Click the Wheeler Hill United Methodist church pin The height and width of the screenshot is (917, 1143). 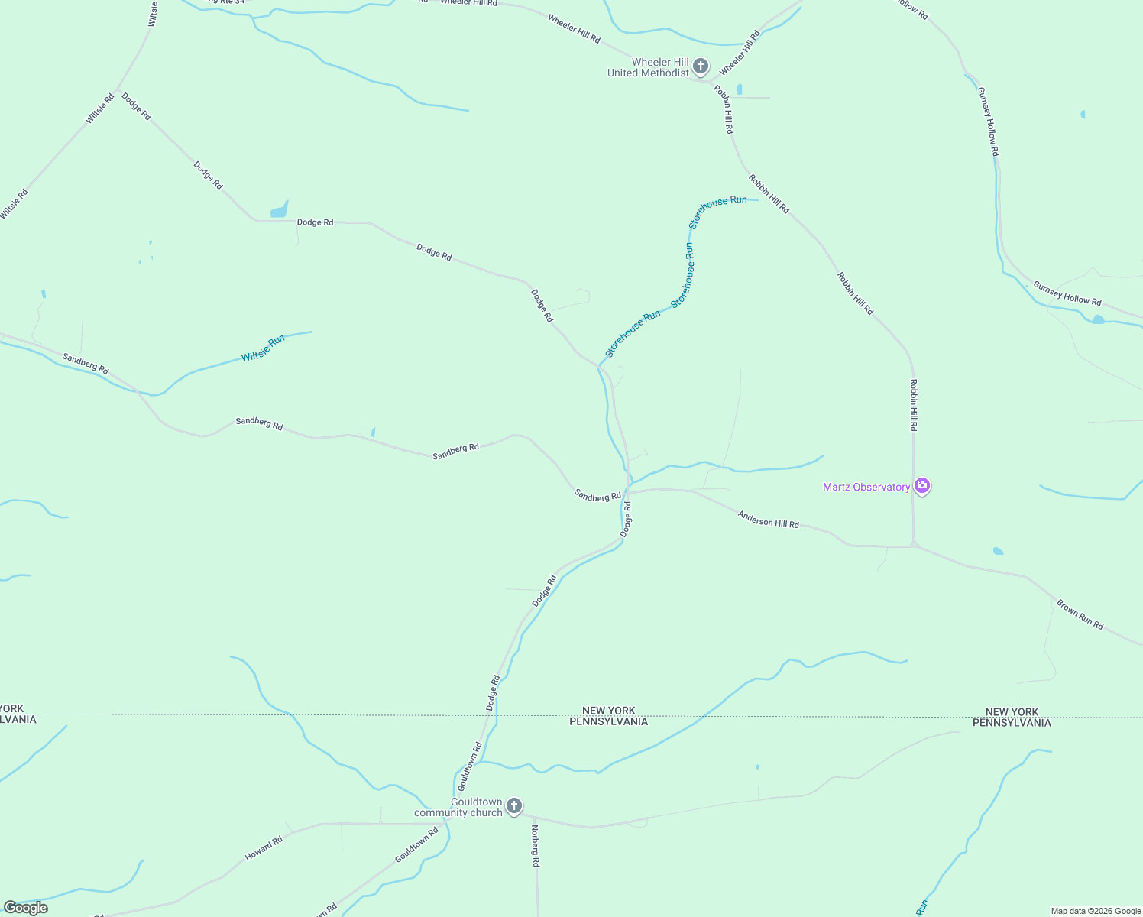pyautogui.click(x=701, y=66)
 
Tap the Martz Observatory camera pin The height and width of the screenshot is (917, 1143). pyautogui.click(x=922, y=486)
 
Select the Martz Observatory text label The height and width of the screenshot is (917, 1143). pyautogui.click(x=866, y=487)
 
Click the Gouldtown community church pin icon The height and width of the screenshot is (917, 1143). pyautogui.click(x=514, y=806)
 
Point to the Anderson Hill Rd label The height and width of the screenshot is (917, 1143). pyautogui.click(x=768, y=520)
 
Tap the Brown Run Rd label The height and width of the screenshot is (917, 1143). pyautogui.click(x=1080, y=614)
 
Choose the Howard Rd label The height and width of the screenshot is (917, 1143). pyautogui.click(x=264, y=848)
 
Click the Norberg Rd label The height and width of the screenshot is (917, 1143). pyautogui.click(x=535, y=846)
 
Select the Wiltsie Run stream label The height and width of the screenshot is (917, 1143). pyautogui.click(x=263, y=348)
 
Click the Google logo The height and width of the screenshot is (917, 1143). pyautogui.click(x=25, y=908)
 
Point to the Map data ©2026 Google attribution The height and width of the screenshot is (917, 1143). pyautogui.click(x=1096, y=911)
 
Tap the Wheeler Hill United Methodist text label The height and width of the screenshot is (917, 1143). pyautogui.click(x=649, y=67)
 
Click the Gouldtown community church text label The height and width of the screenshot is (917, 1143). pyautogui.click(x=458, y=807)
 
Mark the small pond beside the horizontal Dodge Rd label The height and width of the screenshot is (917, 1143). pyautogui.click(x=280, y=209)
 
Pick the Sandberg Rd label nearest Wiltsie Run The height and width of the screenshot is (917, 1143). pyautogui.click(x=86, y=363)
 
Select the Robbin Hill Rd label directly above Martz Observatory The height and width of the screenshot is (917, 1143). pyautogui.click(x=913, y=405)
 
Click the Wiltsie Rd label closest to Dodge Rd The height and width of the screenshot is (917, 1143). pyautogui.click(x=99, y=109)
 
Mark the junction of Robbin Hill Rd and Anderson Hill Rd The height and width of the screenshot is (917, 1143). pyautogui.click(x=914, y=546)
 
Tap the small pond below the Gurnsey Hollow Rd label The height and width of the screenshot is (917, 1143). pyautogui.click(x=1097, y=319)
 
